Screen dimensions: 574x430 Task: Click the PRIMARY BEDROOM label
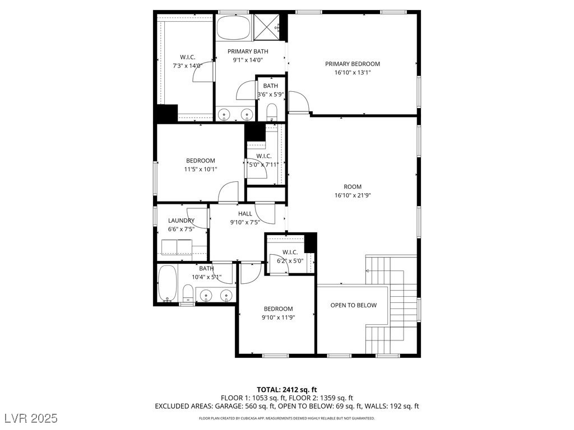[353, 64]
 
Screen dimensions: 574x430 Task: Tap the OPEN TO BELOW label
[353, 305]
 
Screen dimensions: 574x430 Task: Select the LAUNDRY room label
[181, 221]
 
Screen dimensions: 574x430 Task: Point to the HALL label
[245, 213]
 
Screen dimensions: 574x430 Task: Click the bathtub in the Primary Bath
[234, 27]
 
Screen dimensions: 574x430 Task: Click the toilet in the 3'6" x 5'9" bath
[272, 112]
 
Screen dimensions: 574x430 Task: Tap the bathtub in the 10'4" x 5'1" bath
[167, 284]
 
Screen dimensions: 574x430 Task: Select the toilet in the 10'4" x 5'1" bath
[187, 293]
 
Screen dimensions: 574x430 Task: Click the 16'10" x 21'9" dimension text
[353, 195]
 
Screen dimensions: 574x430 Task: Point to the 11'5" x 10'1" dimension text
[200, 169]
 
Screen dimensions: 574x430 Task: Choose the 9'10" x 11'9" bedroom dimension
[278, 317]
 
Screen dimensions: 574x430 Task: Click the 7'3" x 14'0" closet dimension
[187, 66]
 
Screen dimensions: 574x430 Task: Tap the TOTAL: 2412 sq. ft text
[286, 390]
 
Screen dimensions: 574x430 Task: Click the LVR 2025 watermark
[31, 418]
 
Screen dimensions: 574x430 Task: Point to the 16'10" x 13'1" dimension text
[353, 72]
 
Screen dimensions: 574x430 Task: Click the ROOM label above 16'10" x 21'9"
[353, 186]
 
